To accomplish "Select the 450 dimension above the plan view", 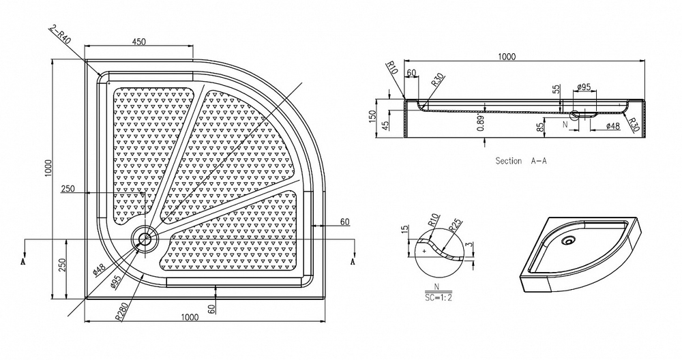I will pos(139,42).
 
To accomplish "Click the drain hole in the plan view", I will pos(144,239).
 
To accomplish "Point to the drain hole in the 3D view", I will pos(567,240).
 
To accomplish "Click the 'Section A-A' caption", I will pos(521,161).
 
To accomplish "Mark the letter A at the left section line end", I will pos(24,262).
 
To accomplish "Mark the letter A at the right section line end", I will pos(352,262).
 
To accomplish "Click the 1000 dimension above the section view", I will pos(505,57).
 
